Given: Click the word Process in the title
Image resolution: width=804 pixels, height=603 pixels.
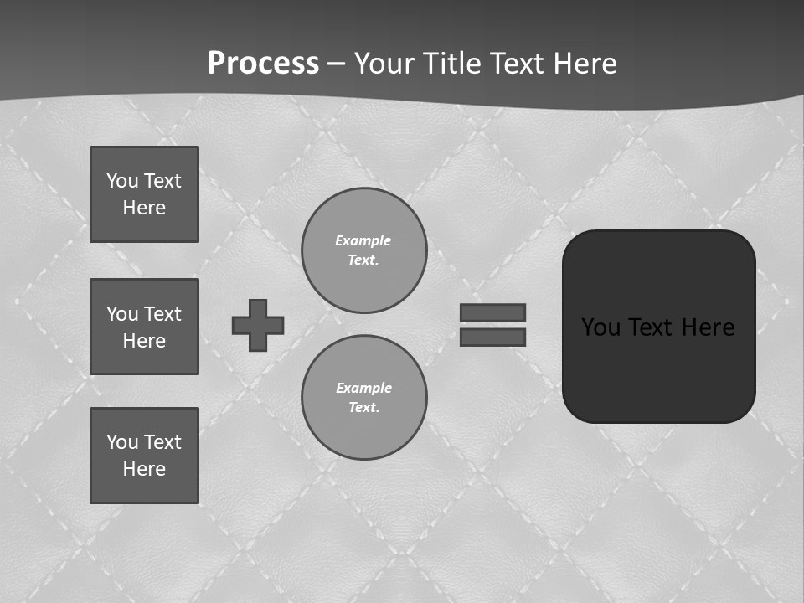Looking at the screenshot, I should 263,64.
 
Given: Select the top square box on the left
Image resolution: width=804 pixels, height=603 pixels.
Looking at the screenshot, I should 144,194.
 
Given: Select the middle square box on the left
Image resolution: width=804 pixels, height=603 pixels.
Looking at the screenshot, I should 144,327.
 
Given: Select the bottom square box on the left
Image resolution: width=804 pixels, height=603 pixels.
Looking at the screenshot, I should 144,456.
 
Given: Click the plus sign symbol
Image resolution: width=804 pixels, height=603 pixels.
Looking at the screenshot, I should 258,325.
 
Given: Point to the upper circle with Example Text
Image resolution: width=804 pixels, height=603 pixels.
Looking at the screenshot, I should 364,250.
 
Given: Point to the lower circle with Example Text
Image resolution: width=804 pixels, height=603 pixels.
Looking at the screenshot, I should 364,398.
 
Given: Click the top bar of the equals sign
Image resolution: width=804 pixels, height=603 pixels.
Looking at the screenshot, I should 493,312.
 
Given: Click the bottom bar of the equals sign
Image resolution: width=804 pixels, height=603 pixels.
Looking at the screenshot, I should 493,337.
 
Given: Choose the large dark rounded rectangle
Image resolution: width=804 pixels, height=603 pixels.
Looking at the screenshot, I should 658,326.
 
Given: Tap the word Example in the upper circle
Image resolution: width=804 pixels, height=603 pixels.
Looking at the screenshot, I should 363,240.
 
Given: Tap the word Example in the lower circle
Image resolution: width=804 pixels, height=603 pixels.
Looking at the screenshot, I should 363,388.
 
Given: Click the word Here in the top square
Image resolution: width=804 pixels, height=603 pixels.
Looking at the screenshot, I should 144,208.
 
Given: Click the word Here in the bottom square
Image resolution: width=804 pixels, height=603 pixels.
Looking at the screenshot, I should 144,469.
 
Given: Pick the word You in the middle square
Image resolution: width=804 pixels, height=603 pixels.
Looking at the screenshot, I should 121,314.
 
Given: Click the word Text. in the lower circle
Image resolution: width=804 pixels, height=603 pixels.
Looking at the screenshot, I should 363,408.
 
